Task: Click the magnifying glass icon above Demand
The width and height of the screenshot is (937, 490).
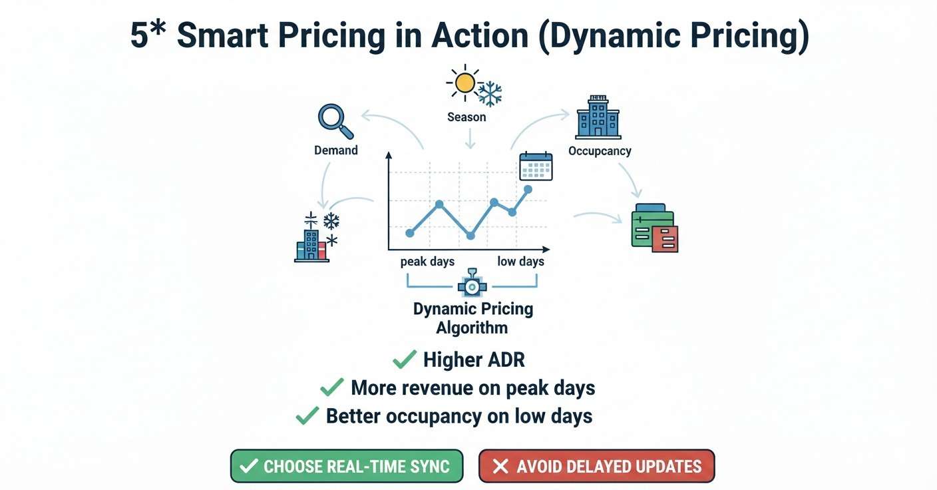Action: (x=335, y=121)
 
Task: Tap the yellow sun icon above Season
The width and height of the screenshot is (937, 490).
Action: (x=465, y=83)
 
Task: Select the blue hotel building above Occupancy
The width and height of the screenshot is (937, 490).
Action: (x=598, y=117)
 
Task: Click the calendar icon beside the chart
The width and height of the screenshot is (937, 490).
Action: (x=536, y=166)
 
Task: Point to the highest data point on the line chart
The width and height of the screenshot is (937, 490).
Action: (x=528, y=190)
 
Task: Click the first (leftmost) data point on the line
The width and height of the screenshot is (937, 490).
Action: (x=410, y=233)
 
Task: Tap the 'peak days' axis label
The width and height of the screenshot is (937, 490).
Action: (x=427, y=262)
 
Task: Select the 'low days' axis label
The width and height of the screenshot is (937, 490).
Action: (x=521, y=262)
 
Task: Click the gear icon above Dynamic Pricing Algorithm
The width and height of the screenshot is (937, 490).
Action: (x=472, y=284)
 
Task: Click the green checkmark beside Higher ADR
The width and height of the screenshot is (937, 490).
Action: (x=405, y=360)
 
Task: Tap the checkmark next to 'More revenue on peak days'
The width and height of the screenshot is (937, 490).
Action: (x=331, y=387)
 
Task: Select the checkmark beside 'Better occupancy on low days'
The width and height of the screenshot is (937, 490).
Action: (x=307, y=415)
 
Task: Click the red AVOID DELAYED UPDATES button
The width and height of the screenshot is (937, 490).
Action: (x=596, y=466)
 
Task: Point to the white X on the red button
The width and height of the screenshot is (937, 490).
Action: (x=500, y=466)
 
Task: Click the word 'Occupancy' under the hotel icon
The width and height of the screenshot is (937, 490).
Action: (x=600, y=151)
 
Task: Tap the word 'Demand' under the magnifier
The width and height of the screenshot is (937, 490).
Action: (x=336, y=150)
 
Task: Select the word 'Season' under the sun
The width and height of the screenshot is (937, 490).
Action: (x=467, y=117)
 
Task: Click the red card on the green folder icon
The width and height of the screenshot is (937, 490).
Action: (x=665, y=239)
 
